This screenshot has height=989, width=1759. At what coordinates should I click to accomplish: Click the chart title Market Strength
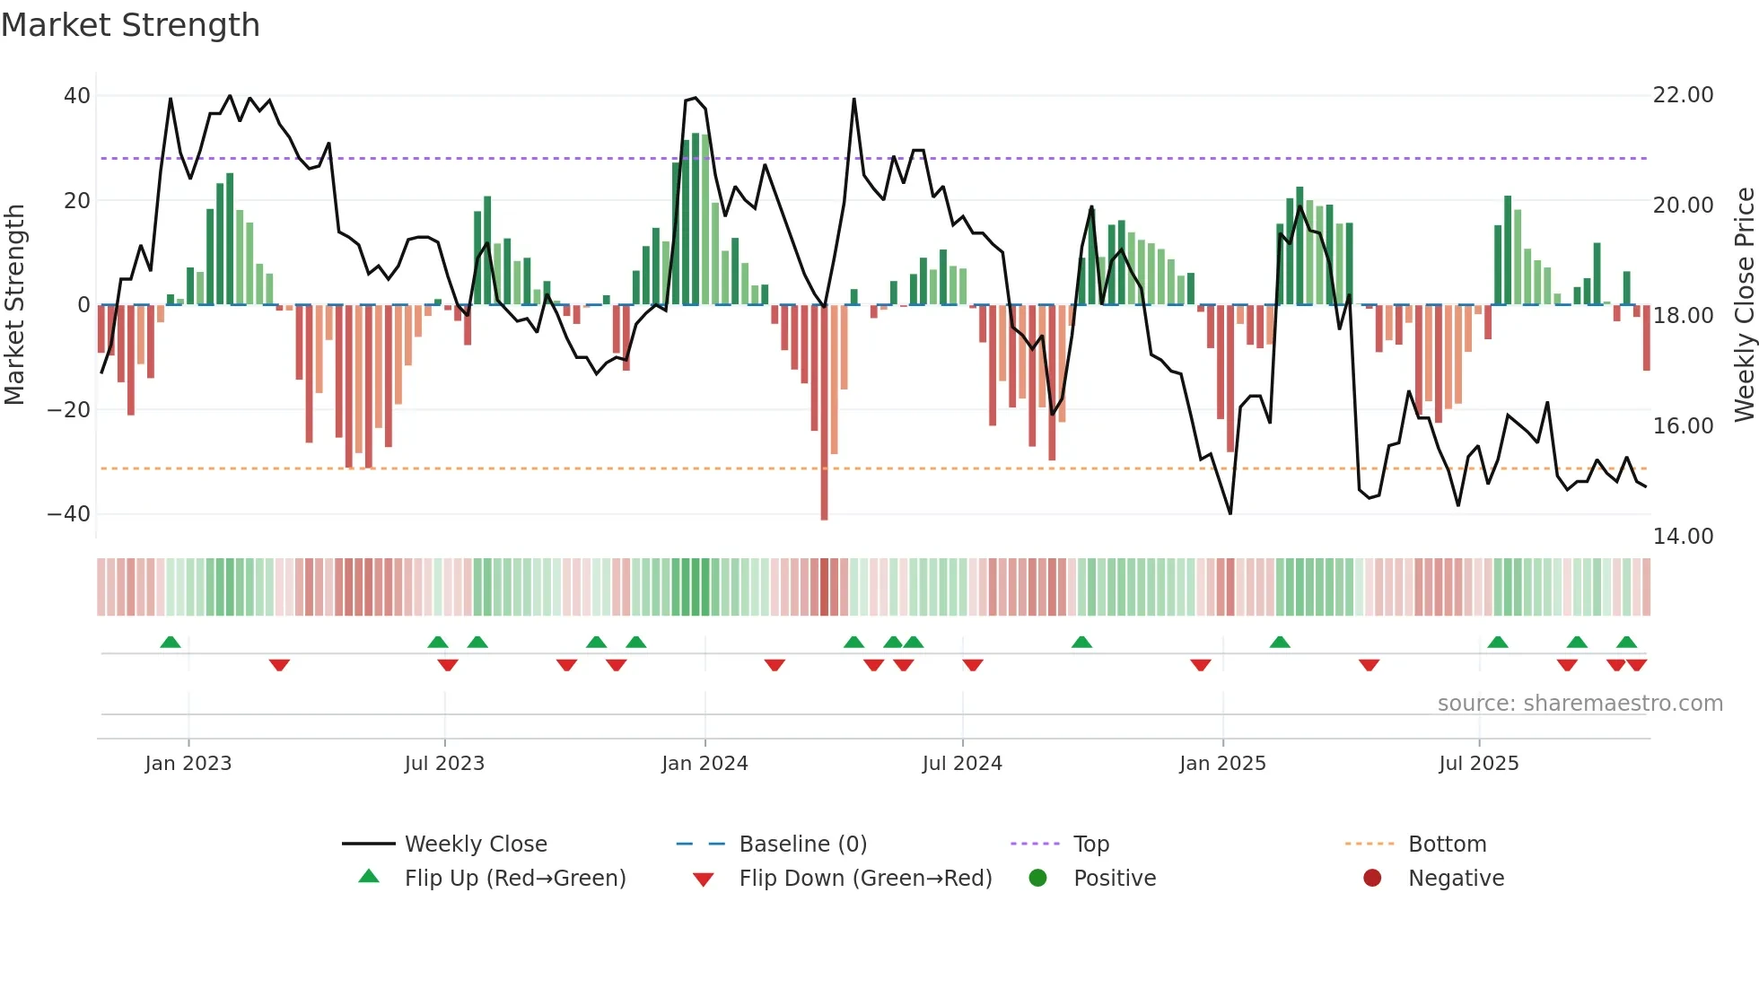click(130, 25)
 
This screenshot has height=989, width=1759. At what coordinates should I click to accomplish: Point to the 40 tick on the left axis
click(77, 96)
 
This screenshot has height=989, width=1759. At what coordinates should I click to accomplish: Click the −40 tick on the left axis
click(69, 514)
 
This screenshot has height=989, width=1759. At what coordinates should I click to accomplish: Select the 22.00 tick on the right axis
click(1683, 95)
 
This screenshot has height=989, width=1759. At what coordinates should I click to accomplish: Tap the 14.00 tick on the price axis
click(1683, 537)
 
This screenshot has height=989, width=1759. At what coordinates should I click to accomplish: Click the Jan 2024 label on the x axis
click(704, 764)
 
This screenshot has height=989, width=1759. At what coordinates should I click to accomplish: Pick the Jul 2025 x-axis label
click(1478, 764)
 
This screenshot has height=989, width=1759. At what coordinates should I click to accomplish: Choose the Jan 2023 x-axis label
click(188, 764)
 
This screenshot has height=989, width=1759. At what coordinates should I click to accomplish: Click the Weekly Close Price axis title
click(1744, 305)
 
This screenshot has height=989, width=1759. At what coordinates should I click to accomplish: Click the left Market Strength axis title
click(14, 305)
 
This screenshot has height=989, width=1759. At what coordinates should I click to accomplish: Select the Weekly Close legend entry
click(476, 845)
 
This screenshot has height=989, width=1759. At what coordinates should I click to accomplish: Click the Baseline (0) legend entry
click(802, 845)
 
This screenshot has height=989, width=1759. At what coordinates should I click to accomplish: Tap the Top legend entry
click(1091, 845)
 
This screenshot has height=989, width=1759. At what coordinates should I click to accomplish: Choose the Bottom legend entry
click(1447, 845)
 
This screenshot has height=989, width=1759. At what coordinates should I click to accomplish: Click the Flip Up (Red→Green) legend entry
click(514, 879)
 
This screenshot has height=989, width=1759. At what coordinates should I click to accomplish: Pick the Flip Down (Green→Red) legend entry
click(865, 879)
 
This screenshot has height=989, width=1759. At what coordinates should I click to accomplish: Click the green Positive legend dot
click(1038, 879)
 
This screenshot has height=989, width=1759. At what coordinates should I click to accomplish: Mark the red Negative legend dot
click(1372, 879)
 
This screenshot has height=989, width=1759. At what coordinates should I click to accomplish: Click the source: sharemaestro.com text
click(1580, 704)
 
